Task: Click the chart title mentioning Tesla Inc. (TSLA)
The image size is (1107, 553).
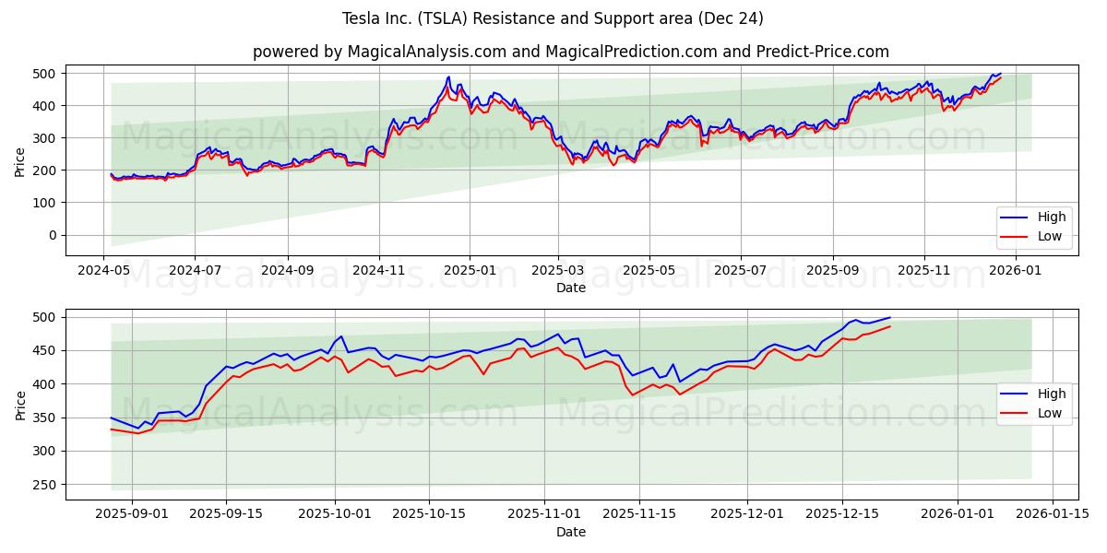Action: pyautogui.click(x=553, y=18)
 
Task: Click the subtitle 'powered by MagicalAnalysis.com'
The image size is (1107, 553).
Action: pyautogui.click(x=571, y=52)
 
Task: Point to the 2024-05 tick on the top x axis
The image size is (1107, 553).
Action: pyautogui.click(x=103, y=271)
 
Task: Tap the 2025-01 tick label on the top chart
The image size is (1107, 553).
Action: pyautogui.click(x=470, y=271)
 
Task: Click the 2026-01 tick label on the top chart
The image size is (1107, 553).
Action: pyautogui.click(x=1016, y=271)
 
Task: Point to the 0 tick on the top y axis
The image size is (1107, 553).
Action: pyautogui.click(x=52, y=235)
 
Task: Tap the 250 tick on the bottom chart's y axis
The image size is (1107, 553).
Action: pyautogui.click(x=44, y=485)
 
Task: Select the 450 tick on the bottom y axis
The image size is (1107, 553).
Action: pyautogui.click(x=44, y=351)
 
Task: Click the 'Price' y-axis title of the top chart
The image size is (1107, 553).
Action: pyautogui.click(x=20, y=161)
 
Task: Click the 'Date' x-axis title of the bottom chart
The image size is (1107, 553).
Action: pyautogui.click(x=571, y=532)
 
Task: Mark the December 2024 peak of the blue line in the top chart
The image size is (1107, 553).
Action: pyautogui.click(x=448, y=76)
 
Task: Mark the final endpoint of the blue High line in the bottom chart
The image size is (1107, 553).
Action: pyautogui.click(x=890, y=317)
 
